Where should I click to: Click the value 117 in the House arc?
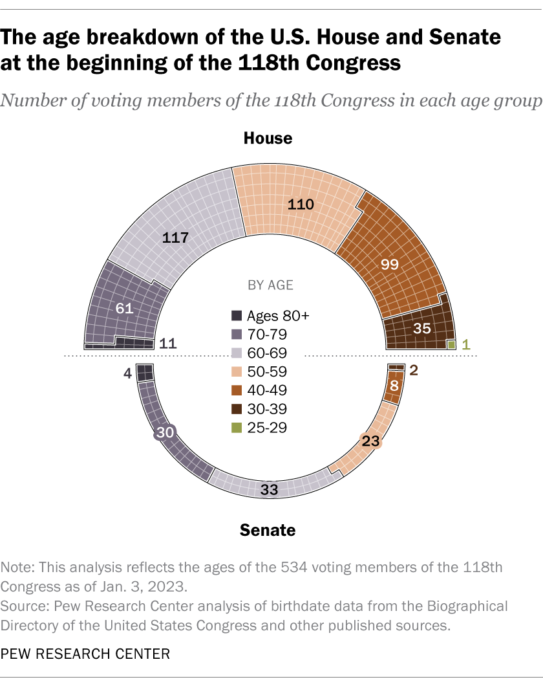(x=175, y=238)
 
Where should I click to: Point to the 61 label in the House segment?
(x=124, y=309)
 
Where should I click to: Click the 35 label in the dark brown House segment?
(x=421, y=328)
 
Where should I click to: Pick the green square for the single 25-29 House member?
(x=451, y=344)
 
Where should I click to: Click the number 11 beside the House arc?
(x=168, y=344)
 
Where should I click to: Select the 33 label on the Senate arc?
(x=269, y=490)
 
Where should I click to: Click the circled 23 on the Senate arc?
(x=371, y=441)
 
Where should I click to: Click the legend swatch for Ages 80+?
(x=237, y=316)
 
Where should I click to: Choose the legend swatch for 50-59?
(x=237, y=371)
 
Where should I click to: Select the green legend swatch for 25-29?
(x=237, y=427)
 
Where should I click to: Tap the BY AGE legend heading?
(x=271, y=285)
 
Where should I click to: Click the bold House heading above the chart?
(x=268, y=138)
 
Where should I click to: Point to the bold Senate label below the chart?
(x=268, y=530)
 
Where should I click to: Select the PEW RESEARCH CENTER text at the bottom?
(x=85, y=654)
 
